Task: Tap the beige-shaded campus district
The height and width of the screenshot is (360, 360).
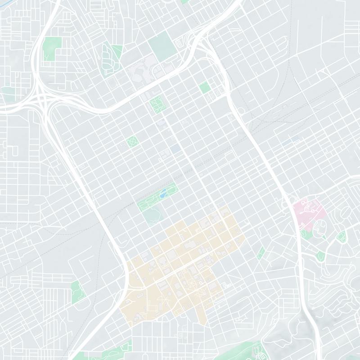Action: pyautogui.click(x=184, y=265)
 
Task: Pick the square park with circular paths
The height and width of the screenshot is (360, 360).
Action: pyautogui.click(x=132, y=142)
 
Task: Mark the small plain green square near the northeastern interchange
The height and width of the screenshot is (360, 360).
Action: pyautogui.click(x=205, y=87)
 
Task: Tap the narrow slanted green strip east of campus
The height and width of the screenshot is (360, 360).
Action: pyautogui.click(x=261, y=252)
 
